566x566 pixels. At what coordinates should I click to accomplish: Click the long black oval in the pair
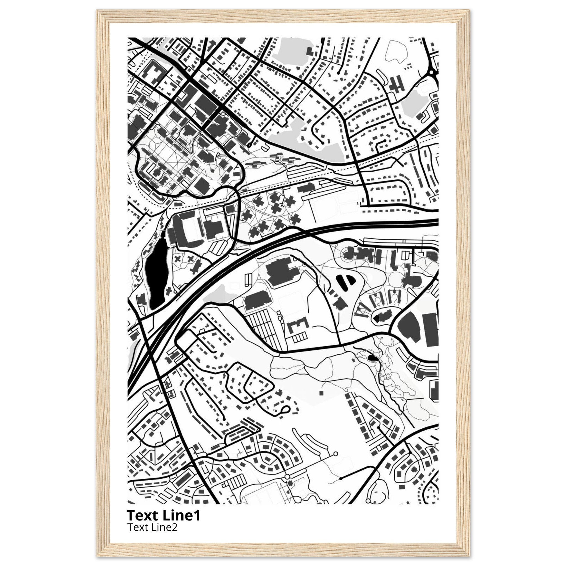(342, 282)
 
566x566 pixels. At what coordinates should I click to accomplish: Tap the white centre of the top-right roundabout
(431, 72)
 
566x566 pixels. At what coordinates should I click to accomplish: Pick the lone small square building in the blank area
(321, 393)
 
